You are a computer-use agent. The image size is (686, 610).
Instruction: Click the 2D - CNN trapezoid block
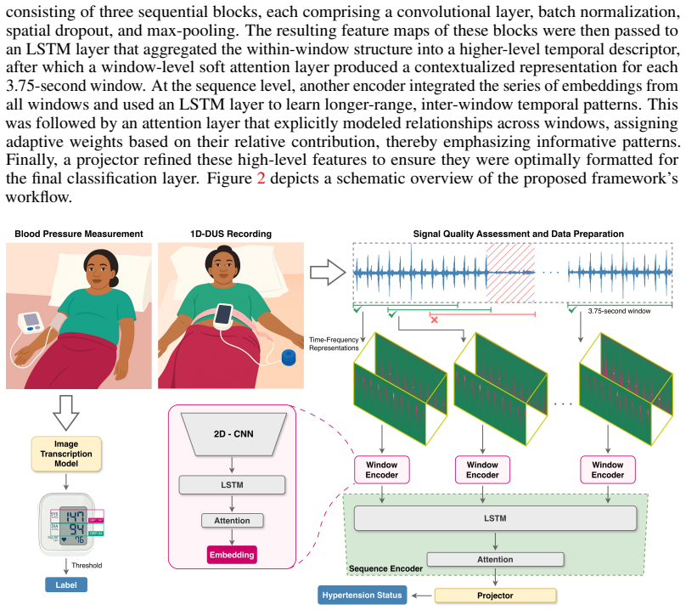tap(233, 434)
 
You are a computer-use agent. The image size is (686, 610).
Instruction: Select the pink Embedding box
tap(232, 555)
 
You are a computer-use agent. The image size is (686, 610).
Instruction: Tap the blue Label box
tap(66, 585)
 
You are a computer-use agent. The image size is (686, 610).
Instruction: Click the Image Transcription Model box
tap(66, 454)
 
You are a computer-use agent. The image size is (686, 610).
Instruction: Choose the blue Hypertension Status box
tap(362, 595)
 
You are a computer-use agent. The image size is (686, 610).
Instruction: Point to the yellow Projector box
tap(495, 596)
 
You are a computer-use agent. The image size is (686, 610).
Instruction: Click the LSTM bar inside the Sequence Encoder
tap(495, 518)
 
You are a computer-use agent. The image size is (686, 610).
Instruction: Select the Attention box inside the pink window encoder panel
tap(233, 521)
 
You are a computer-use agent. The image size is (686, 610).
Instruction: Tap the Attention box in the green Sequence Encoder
tap(495, 560)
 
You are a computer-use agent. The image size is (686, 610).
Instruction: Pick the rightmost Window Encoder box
tap(608, 470)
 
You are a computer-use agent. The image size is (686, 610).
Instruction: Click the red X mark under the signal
tap(434, 320)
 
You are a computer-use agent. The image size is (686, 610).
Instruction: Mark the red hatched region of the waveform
tap(510, 273)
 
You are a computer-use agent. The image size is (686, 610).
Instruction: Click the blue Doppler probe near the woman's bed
tap(289, 357)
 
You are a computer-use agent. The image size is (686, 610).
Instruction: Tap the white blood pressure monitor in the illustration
tap(31, 323)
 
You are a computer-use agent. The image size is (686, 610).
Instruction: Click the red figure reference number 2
tap(261, 178)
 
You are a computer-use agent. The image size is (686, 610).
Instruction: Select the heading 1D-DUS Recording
tap(231, 234)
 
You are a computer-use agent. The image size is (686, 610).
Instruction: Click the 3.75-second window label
tap(619, 311)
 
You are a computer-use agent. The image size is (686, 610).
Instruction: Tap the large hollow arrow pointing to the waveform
tap(328, 273)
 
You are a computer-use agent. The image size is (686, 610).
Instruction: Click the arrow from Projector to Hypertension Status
tap(422, 596)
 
